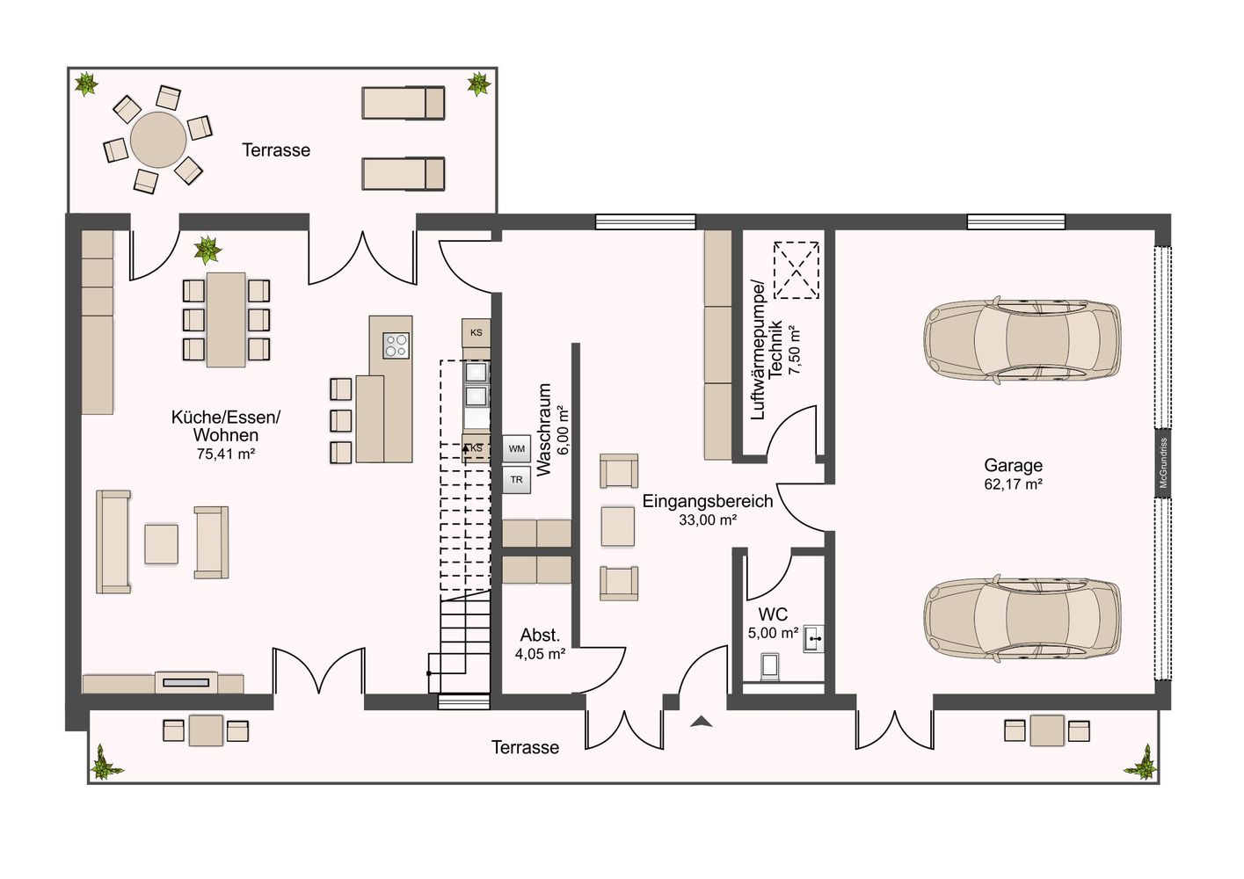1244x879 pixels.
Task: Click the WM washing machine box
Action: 516,448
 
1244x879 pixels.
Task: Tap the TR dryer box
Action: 516,480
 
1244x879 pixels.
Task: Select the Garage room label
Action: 1013,465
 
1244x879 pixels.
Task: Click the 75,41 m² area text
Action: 225,454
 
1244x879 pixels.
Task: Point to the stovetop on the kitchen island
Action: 396,345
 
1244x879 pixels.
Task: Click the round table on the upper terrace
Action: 158,139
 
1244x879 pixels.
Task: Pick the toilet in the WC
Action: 770,667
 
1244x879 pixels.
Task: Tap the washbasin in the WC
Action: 813,638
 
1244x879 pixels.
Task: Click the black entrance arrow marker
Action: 702,722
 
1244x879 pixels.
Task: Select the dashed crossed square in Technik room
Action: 797,270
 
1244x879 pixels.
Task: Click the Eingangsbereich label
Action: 708,501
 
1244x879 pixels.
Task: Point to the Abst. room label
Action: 540,636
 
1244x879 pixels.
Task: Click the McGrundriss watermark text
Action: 1163,463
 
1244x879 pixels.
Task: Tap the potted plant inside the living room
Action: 207,250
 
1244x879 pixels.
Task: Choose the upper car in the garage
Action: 1022,340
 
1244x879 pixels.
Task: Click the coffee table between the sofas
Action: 162,544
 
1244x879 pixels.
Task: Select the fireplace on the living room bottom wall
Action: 186,682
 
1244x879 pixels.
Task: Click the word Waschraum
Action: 544,429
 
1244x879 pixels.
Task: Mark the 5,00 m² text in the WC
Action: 773,633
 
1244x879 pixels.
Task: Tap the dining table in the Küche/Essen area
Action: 226,319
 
